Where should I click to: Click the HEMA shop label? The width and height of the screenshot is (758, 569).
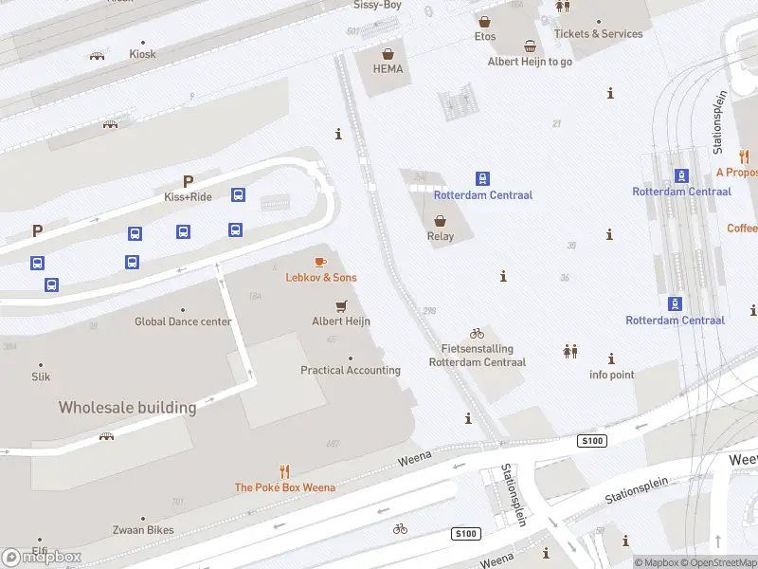(388, 69)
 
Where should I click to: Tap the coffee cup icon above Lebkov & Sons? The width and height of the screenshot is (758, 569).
(320, 261)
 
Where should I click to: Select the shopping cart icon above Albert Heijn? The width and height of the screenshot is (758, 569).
(341, 305)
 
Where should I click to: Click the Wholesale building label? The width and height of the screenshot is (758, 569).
(127, 408)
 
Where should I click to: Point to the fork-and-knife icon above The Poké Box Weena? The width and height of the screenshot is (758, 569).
(284, 470)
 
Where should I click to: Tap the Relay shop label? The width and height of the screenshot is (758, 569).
(441, 237)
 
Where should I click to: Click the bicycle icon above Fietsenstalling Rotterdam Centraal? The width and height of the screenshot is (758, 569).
(477, 333)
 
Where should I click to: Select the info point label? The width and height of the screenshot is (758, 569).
(611, 375)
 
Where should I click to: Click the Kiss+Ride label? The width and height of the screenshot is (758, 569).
(188, 197)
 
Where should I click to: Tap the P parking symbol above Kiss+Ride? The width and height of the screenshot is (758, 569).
(188, 181)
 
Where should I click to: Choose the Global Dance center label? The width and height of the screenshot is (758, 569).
(183, 321)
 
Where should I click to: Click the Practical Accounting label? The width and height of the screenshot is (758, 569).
(351, 370)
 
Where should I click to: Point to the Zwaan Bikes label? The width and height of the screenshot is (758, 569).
(143, 530)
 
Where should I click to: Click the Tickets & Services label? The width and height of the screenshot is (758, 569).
(598, 33)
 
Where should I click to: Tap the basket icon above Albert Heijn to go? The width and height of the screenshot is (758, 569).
(530, 46)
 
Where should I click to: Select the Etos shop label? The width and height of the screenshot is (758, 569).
(485, 37)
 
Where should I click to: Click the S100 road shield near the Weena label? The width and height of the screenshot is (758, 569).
(592, 441)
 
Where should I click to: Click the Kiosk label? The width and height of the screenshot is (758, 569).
(142, 54)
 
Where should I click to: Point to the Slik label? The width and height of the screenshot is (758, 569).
(41, 376)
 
